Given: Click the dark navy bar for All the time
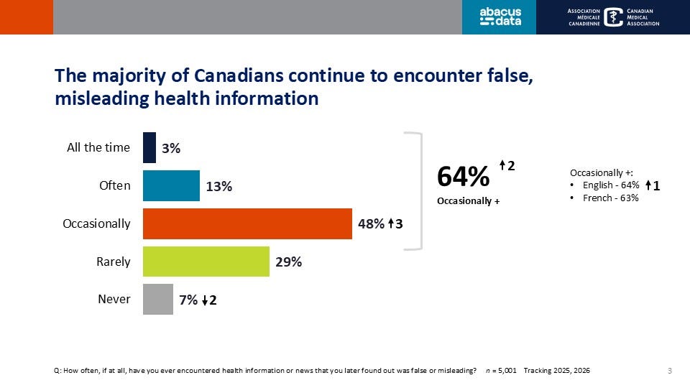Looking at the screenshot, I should tap(149, 147).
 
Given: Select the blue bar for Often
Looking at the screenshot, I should tap(171, 185).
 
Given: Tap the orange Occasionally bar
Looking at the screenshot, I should tap(247, 223).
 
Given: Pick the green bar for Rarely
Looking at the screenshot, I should tap(206, 262).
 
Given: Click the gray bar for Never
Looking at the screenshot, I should tap(158, 299).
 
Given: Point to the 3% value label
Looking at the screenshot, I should tap(170, 149).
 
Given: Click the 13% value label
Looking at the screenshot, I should tap(218, 186).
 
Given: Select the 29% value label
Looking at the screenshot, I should tap(288, 262).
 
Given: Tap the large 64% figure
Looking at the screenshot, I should tap(464, 177).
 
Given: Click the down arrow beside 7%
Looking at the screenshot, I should tap(205, 301).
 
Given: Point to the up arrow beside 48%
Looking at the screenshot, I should tap(389, 224).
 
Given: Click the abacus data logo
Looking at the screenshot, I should tap(500, 17).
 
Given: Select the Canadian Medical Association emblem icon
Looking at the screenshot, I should tap(614, 17).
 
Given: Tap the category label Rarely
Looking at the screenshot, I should tap(114, 262).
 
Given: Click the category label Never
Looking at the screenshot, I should tap(114, 299).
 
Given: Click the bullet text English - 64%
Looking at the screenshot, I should tap(609, 185).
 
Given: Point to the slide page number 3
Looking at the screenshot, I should tap(669, 371).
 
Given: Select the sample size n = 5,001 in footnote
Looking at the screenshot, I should tap(500, 371).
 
